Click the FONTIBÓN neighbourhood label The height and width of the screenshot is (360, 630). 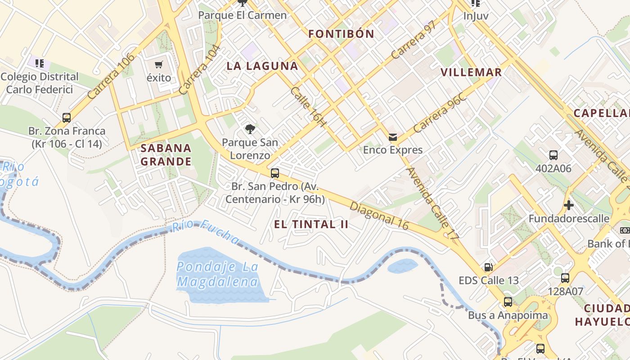pyautogui.click(x=341, y=34)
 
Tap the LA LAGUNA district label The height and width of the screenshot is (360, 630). pyautogui.click(x=262, y=66)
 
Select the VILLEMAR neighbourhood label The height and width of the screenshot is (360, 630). pyautogui.click(x=471, y=72)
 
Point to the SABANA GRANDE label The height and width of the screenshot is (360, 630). pyautogui.click(x=166, y=155)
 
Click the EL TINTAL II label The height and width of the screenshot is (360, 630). pyautogui.click(x=311, y=225)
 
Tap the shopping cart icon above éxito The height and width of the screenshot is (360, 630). pyautogui.click(x=159, y=65)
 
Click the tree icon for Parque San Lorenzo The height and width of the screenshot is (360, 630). pyautogui.click(x=250, y=130)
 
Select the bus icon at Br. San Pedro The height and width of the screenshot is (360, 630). pyautogui.click(x=275, y=173)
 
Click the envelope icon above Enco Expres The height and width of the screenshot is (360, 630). pyautogui.click(x=393, y=137)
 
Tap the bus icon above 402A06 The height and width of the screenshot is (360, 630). pyautogui.click(x=553, y=155)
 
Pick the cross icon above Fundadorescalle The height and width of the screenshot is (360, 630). pyautogui.click(x=569, y=206)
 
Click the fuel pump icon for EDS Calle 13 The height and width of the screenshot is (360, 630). pyautogui.click(x=488, y=267)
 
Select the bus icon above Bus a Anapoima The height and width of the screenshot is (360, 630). pyautogui.click(x=508, y=302)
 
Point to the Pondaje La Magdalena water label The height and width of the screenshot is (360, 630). pyautogui.click(x=218, y=274)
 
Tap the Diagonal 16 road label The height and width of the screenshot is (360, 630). pyautogui.click(x=379, y=216)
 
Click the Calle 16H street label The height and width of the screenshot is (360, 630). pyautogui.click(x=308, y=106)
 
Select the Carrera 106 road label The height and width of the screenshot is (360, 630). pyautogui.click(x=111, y=76)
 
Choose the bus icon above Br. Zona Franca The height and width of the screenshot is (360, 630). pyautogui.click(x=67, y=118)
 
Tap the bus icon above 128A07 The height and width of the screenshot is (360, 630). pyautogui.click(x=565, y=278)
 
